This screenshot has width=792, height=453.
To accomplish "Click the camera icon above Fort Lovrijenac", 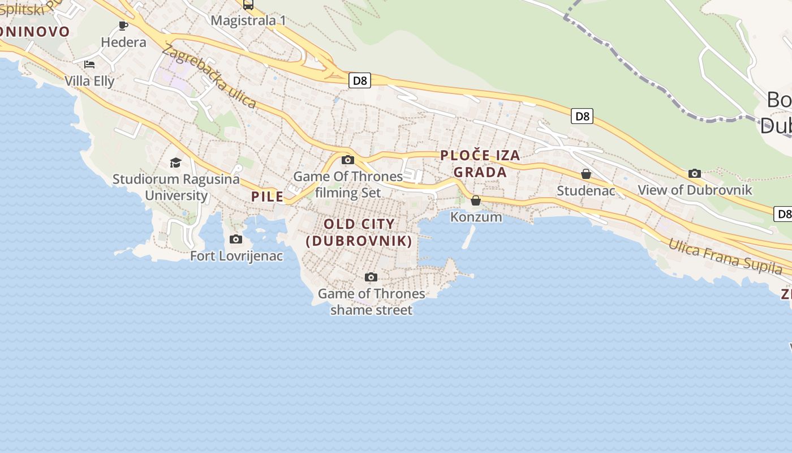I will [236, 240].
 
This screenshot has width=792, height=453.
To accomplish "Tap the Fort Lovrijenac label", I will [236, 256].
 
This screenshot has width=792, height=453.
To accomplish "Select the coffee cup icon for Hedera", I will [123, 25].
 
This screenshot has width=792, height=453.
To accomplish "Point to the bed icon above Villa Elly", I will [89, 64].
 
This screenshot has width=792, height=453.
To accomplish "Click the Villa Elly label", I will [89, 81].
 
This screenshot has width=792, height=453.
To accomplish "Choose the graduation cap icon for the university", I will [176, 163].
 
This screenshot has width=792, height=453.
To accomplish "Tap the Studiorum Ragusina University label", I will [176, 187].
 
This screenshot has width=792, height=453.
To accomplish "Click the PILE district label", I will [268, 197].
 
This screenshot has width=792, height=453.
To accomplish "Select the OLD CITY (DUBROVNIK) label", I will [359, 232].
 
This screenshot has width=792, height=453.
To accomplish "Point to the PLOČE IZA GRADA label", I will [480, 163].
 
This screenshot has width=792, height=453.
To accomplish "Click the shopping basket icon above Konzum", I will [476, 200].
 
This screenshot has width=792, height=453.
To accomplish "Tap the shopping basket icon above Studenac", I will [586, 174].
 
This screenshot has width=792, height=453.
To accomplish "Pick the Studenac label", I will [586, 191].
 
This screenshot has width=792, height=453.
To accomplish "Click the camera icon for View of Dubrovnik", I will [695, 174].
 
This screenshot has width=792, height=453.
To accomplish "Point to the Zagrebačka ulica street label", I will [209, 76].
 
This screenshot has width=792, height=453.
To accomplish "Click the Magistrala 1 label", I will [248, 21].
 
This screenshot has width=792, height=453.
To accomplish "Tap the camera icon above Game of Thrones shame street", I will [371, 277].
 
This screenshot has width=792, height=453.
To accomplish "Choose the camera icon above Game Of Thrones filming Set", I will [348, 160].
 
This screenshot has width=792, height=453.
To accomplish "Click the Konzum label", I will [476, 217].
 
